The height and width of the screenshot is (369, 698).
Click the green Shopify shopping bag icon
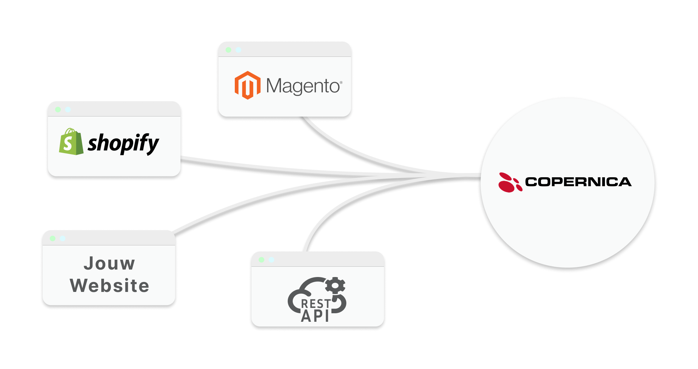[71, 142]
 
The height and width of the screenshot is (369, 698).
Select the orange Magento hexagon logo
[248, 85]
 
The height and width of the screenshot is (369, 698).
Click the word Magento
[303, 86]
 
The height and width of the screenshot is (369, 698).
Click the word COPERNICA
[578, 182]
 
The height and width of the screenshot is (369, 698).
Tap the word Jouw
[109, 264]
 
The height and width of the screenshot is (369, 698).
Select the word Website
[109, 286]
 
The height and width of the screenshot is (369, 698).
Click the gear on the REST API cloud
[335, 286]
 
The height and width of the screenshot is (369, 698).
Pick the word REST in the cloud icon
[316, 304]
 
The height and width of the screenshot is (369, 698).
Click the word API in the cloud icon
[315, 316]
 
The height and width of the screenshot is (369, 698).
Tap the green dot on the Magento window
[228, 50]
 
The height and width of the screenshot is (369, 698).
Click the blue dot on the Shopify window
[68, 110]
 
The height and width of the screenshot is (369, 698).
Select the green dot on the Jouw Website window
[53, 238]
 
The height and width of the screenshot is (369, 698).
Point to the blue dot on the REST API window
[271, 260]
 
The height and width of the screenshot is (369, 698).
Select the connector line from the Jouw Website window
[249, 201]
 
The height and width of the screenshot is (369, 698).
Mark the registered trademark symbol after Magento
[341, 82]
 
